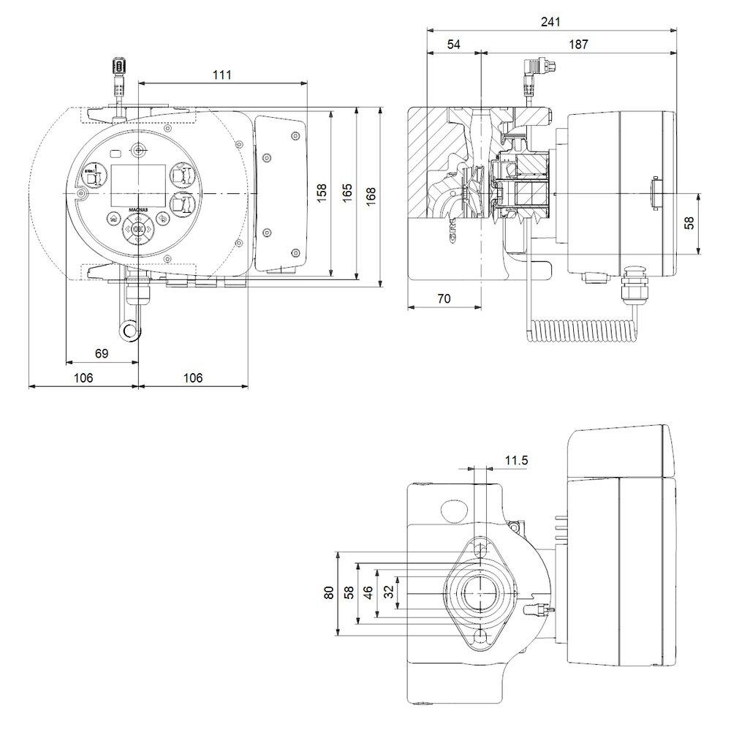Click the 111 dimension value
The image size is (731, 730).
pyautogui.click(x=222, y=75)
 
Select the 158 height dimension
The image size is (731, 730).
pyautogui.click(x=322, y=194)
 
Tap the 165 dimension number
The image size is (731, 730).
pyautogui.click(x=347, y=194)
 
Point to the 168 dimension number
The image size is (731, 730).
pyautogui.click(x=371, y=194)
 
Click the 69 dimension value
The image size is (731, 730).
pyautogui.click(x=102, y=353)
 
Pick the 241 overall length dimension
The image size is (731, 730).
pyautogui.click(x=550, y=22)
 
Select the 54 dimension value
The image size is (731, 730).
pyautogui.click(x=453, y=45)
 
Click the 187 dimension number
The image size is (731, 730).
pyautogui.click(x=577, y=45)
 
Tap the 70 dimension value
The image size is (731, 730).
pyautogui.click(x=443, y=298)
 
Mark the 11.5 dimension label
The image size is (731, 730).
pyautogui.click(x=516, y=460)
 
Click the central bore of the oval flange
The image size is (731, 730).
pyautogui.click(x=479, y=593)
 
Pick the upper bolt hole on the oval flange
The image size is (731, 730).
pyautogui.click(x=480, y=549)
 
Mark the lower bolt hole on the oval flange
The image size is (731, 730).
pyautogui.click(x=480, y=637)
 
